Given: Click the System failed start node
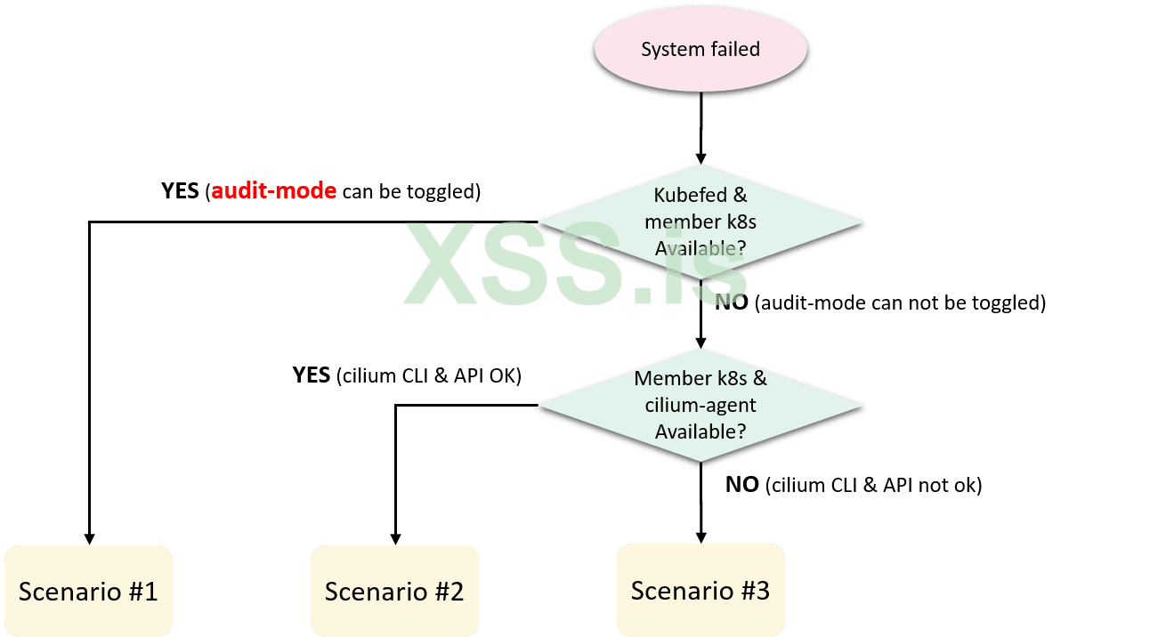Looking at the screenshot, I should pyautogui.click(x=701, y=50).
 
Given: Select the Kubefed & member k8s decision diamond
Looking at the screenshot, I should pyautogui.click(x=701, y=222).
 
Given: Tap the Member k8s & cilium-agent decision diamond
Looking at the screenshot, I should pyautogui.click(x=701, y=405).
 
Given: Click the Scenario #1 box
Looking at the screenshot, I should pyautogui.click(x=88, y=591).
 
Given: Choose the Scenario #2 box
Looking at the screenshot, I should pyautogui.click(x=394, y=591).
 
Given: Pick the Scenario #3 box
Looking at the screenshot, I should pyautogui.click(x=701, y=590).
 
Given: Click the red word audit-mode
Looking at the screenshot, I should pyautogui.click(x=274, y=190).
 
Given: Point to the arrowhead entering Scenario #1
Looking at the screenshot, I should pyautogui.click(x=89, y=537).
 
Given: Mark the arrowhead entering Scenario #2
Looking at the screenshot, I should pyautogui.click(x=395, y=537).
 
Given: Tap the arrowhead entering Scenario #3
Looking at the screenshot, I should pyautogui.click(x=701, y=536).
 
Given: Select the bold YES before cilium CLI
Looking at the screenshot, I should pyautogui.click(x=312, y=375).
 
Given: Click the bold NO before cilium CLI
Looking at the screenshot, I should pyautogui.click(x=741, y=485).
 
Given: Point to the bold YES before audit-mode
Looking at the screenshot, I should pyautogui.click(x=181, y=190).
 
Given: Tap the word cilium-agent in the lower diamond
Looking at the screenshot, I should pyautogui.click(x=701, y=405).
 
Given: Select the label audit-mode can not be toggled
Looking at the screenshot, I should pyautogui.click(x=899, y=302).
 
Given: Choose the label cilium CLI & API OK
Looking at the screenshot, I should pyautogui.click(x=428, y=375).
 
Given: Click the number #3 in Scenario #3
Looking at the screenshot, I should pyautogui.click(x=755, y=590).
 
